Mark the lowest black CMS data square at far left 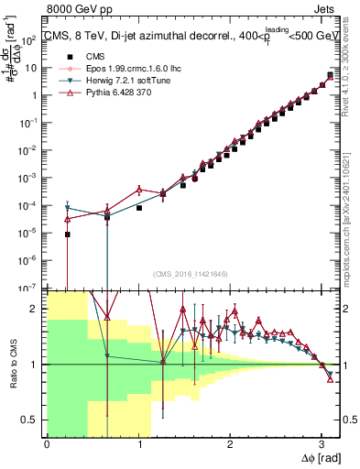pos(68,234)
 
